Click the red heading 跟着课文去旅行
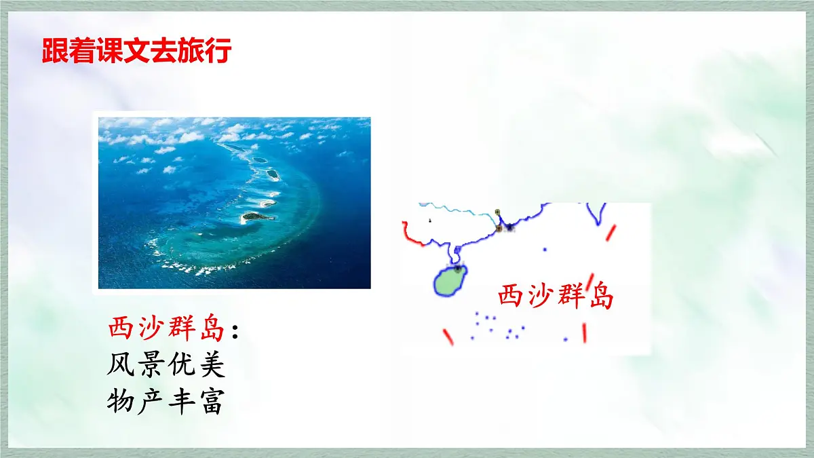tap(136, 52)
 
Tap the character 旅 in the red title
tap(191, 52)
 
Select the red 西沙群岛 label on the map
tap(556, 297)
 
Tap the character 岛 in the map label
tap(600, 297)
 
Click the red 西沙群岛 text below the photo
tap(166, 330)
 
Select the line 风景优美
tap(166, 366)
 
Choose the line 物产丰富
tap(166, 402)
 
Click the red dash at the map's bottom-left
tap(448, 337)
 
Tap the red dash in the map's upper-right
tap(610, 233)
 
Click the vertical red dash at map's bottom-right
tap(584, 332)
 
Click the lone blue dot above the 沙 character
tap(545, 249)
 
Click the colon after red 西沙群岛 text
tap(235, 331)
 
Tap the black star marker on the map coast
tap(509, 227)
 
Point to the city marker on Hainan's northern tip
tap(457, 269)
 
